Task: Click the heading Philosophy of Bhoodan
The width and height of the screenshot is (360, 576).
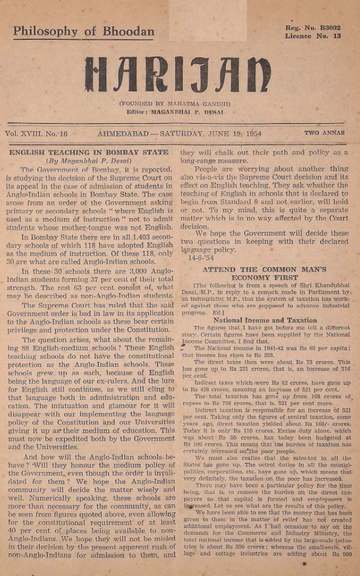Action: click(x=84, y=31)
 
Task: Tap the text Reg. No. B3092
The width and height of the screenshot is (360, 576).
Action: click(x=313, y=27)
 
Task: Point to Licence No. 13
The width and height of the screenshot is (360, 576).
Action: click(x=313, y=36)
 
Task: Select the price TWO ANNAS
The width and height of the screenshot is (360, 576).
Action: click(x=324, y=133)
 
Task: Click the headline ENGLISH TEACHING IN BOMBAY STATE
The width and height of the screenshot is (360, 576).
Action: click(x=89, y=152)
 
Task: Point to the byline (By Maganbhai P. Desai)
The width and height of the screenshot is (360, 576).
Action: click(x=89, y=161)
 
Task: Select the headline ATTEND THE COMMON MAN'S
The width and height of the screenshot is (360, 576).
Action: click(x=264, y=269)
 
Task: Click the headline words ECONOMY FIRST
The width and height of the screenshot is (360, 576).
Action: click(x=264, y=277)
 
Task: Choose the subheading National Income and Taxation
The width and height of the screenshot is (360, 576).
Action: click(x=265, y=320)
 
